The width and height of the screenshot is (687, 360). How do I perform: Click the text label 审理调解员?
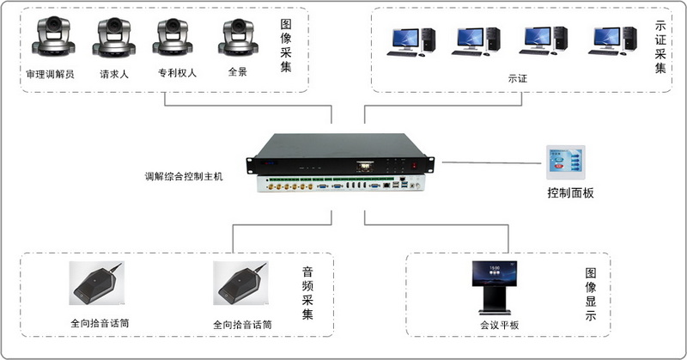50,74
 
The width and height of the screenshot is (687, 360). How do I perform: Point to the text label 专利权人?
177,73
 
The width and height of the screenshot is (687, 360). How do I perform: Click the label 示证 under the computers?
517,78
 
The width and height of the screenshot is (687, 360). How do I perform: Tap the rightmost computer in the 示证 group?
614,40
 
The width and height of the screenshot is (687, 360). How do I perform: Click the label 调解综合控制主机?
183,176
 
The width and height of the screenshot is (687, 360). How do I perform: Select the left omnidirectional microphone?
95,290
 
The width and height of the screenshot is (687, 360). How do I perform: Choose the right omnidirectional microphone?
241,290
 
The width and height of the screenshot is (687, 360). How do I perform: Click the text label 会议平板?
500,326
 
